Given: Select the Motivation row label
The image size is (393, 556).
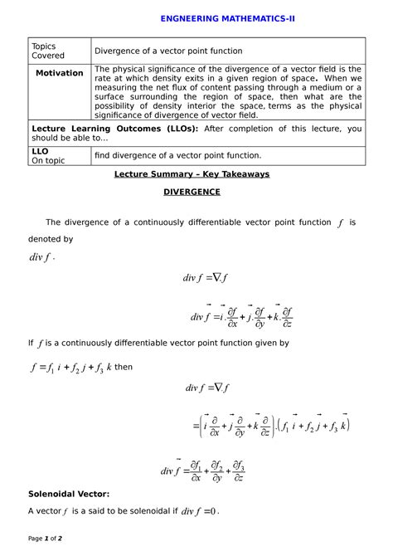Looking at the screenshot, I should pyautogui.click(x=59, y=73).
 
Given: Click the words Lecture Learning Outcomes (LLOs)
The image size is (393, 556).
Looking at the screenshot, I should pyautogui.click(x=114, y=129).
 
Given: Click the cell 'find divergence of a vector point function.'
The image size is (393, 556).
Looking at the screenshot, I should pyautogui.click(x=177, y=155).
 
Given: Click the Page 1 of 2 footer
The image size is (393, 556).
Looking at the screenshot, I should pyautogui.click(x=51, y=539).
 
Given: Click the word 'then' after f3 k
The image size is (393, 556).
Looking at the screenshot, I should pyautogui.click(x=122, y=366).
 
